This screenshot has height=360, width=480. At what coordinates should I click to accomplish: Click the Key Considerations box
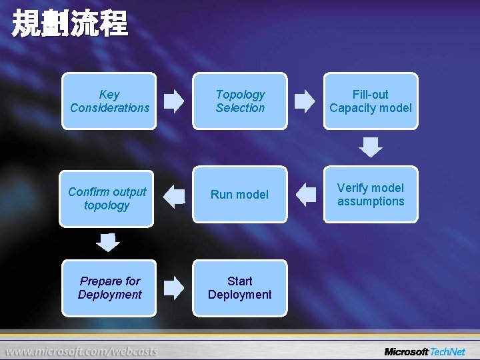[109, 101]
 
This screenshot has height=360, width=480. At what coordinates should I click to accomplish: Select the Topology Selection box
[240, 101]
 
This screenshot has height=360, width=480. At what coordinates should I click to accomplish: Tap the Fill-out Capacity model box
[371, 101]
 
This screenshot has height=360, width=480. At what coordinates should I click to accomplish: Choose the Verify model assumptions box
[371, 194]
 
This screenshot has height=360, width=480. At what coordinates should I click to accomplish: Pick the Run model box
[240, 194]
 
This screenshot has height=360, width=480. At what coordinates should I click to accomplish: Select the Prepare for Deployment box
[109, 287]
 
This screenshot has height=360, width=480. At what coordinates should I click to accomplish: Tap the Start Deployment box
[240, 287]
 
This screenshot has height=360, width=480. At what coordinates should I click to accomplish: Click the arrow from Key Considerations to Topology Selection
[174, 101]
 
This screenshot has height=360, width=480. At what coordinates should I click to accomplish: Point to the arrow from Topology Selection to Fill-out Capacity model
[305, 101]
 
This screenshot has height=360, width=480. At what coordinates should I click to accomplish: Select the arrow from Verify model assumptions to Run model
[306, 195]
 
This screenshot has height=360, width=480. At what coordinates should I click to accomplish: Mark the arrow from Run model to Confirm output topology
[175, 195]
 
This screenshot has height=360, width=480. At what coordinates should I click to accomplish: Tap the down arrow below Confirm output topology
[107, 243]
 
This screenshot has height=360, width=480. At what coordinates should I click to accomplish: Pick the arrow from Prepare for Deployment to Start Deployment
[174, 288]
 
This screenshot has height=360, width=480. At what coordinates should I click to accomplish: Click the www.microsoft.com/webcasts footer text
[83, 351]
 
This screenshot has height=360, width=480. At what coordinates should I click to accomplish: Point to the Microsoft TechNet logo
[425, 351]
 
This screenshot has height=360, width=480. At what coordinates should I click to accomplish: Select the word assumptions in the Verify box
[371, 201]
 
